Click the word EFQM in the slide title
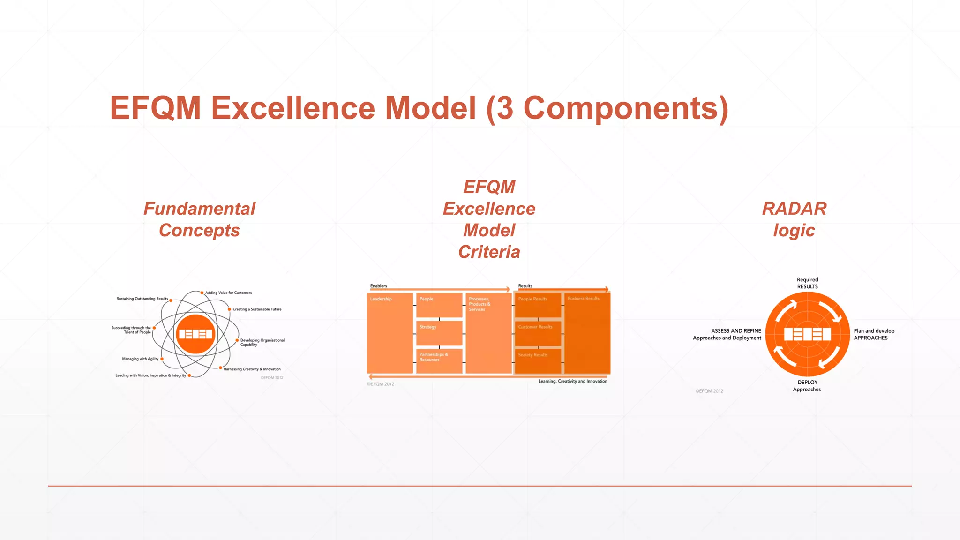[155, 108]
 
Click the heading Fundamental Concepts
[199, 219]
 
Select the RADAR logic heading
[794, 219]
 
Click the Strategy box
[439, 332]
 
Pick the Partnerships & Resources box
[439, 360]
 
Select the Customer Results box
[538, 332]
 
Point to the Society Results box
[538, 360]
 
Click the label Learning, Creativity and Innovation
[572, 382]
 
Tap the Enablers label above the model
[379, 286]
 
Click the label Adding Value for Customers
[228, 293]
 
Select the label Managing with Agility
[140, 359]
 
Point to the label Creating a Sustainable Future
[257, 309]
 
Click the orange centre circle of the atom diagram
[196, 334]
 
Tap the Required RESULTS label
[807, 283]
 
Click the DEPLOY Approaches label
[807, 386]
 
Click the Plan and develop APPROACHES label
[874, 334]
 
